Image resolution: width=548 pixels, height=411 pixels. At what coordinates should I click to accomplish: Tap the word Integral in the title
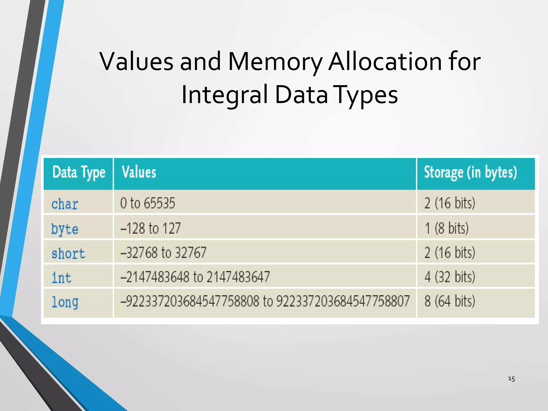tap(225, 95)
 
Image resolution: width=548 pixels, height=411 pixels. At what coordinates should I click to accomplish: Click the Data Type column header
tap(79, 173)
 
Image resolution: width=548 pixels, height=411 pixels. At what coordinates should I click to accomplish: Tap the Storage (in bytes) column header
tap(470, 173)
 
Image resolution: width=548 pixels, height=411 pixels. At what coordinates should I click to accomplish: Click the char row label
tap(65, 204)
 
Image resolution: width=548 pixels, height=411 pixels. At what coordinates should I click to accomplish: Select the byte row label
tap(65, 229)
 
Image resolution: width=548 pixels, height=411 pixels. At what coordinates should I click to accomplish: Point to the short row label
tap(68, 253)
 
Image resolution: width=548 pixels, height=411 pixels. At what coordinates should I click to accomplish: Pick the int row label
tap(62, 278)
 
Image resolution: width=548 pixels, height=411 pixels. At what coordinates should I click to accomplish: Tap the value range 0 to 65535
tap(147, 203)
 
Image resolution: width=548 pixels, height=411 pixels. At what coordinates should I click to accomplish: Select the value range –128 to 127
tap(151, 228)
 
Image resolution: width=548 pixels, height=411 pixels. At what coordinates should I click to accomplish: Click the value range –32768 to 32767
tap(163, 253)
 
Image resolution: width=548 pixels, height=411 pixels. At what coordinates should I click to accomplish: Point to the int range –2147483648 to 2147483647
tap(195, 277)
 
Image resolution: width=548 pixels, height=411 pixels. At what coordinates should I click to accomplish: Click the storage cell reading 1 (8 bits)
tap(447, 228)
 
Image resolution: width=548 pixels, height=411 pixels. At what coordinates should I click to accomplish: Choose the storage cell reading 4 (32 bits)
tap(450, 277)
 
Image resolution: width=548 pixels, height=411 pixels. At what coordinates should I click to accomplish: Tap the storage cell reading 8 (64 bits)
tap(450, 301)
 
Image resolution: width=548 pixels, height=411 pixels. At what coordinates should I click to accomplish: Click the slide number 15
tap(511, 379)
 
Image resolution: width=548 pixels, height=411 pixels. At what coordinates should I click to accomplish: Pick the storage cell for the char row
tap(450, 203)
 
